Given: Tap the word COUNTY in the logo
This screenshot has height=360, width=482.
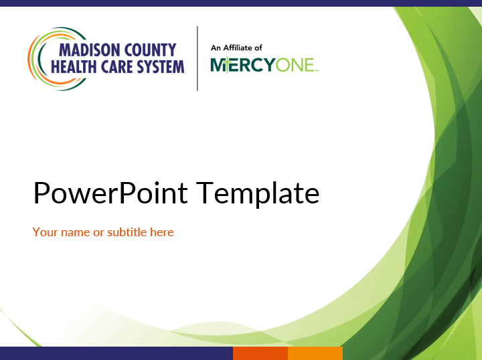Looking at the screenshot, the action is (x=151, y=50).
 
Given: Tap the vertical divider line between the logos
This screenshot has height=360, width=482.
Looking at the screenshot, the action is (x=197, y=59).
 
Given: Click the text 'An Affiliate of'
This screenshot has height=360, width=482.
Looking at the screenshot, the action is (x=236, y=48).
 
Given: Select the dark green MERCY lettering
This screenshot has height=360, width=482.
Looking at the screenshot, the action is (x=243, y=65).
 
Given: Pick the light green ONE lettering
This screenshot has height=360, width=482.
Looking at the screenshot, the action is (x=295, y=65).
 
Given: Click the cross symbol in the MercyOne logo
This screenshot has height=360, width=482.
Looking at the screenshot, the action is (x=226, y=65).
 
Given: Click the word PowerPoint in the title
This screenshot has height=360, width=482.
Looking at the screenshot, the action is (x=110, y=193).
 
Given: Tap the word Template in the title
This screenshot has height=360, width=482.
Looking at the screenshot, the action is (x=258, y=193).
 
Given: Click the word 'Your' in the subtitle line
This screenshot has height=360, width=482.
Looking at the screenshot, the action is (x=46, y=232).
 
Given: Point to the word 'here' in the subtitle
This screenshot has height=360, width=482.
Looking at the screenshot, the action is (x=162, y=232).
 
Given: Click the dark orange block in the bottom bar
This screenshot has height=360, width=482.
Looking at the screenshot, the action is (x=260, y=353).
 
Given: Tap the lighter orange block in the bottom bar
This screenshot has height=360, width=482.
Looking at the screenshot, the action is (x=315, y=353).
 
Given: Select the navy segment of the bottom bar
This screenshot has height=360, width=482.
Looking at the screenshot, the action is (x=116, y=353).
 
